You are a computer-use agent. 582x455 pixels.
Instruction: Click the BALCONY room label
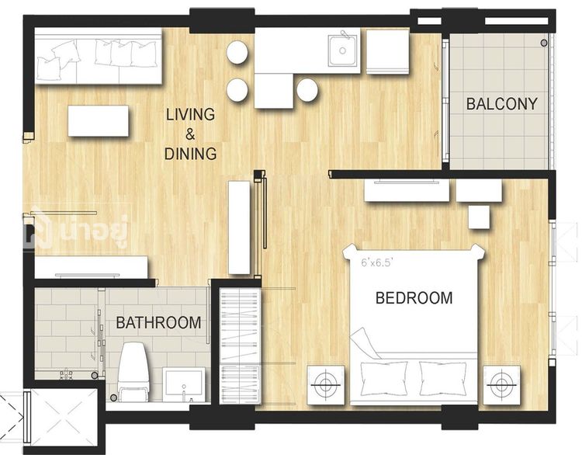[x=501, y=103]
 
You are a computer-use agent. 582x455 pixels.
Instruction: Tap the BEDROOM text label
[x=414, y=298]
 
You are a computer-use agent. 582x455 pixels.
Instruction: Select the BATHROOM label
[x=158, y=323]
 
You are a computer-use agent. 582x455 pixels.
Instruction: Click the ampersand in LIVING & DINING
[x=190, y=134]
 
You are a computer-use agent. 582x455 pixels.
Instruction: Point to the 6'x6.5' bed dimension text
[x=377, y=263]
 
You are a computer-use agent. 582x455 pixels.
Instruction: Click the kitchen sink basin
[x=343, y=50]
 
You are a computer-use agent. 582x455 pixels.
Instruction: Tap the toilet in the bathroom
[x=133, y=372]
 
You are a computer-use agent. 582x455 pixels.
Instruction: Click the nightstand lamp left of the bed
[x=325, y=385]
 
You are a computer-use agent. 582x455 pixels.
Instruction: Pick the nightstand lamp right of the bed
[x=501, y=385]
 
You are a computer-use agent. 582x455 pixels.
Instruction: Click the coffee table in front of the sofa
[x=99, y=120]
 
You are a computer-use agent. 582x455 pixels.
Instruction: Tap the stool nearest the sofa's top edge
[x=237, y=52]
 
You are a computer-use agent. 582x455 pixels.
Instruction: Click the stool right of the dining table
[x=307, y=90]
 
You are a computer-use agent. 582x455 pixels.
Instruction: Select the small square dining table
[x=274, y=91]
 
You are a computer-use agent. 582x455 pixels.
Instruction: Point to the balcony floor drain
[x=544, y=43]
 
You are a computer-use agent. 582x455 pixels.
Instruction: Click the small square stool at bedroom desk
[x=480, y=217]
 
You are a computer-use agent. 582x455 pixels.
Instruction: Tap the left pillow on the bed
[x=383, y=378]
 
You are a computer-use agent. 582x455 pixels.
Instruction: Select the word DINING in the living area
[x=190, y=154]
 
